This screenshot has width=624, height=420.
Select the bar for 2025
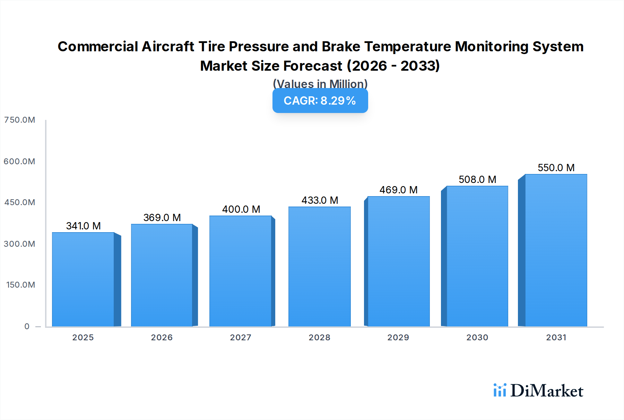(x=83, y=279)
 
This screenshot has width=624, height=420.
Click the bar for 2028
(x=319, y=266)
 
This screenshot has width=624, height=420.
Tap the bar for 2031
(x=556, y=250)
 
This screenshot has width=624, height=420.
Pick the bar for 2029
(x=398, y=261)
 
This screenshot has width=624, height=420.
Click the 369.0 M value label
(x=162, y=218)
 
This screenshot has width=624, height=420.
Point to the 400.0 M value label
(x=241, y=209)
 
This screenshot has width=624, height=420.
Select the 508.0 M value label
(x=477, y=180)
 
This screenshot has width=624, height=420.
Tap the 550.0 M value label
(x=556, y=168)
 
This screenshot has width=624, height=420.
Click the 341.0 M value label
(x=83, y=226)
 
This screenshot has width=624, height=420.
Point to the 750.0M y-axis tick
(x=19, y=120)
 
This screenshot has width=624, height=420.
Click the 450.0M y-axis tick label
(x=19, y=202)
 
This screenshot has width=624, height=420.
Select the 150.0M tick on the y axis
(x=20, y=285)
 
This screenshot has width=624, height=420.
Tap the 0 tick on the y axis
(x=27, y=326)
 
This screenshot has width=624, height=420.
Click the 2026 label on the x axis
(x=162, y=338)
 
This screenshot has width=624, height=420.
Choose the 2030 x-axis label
(x=477, y=338)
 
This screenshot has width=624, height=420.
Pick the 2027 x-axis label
(x=241, y=338)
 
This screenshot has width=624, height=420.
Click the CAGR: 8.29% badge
(x=320, y=100)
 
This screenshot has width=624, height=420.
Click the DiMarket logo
(x=538, y=391)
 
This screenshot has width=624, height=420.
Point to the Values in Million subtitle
(x=320, y=84)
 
